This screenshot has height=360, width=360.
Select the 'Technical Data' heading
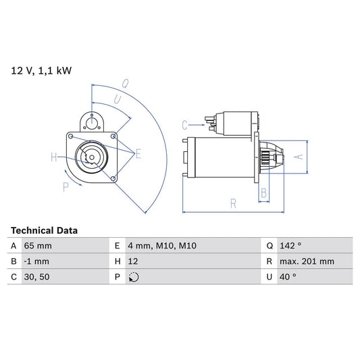tap(44, 230)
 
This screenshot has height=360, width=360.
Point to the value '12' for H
tap(133, 261)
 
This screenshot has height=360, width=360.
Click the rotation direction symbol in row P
tap(134, 276)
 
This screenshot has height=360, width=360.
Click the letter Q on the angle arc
tap(125, 84)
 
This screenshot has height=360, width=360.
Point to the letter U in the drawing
tap(118, 99)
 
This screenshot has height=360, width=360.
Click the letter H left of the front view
tap(54, 158)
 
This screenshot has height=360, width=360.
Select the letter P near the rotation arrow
tap(66, 187)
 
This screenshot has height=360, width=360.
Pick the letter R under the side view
tap(232, 202)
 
